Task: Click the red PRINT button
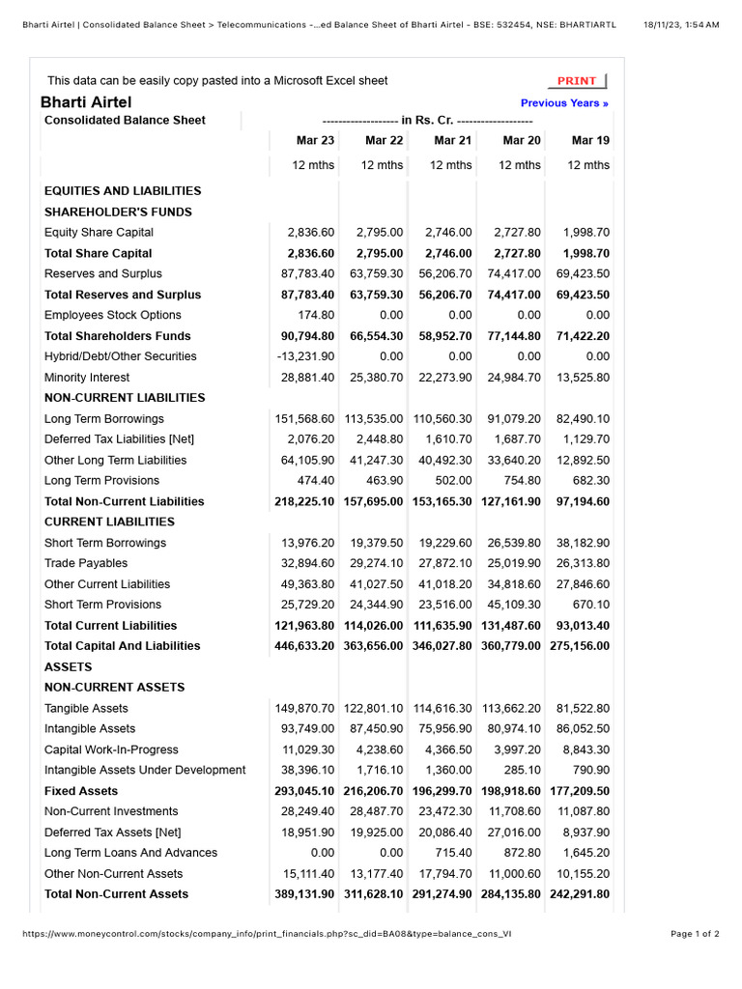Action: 578,81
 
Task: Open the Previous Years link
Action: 564,103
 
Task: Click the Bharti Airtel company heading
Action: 86,102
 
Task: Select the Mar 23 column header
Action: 315,141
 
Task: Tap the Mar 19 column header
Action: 590,141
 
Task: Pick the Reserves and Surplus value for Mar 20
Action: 515,274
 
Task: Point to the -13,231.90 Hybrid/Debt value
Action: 306,356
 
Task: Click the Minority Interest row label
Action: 87,378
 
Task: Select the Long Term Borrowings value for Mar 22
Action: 374,419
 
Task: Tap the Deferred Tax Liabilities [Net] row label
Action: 120,439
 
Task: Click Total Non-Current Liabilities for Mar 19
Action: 580,501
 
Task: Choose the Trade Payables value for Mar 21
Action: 445,563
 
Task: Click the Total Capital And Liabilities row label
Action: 123,646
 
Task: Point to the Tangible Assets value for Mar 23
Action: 305,708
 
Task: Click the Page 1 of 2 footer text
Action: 695,934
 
